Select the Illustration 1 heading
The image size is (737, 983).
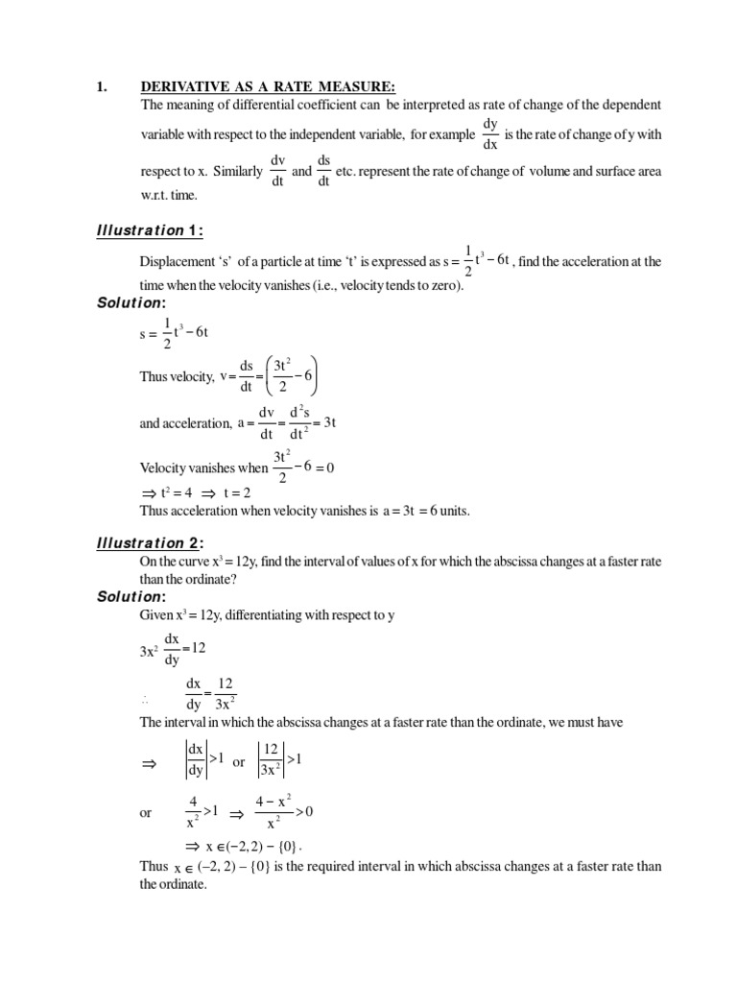(x=151, y=229)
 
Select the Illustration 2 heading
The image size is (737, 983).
(x=151, y=544)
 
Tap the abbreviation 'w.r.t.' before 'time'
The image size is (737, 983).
(x=159, y=195)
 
